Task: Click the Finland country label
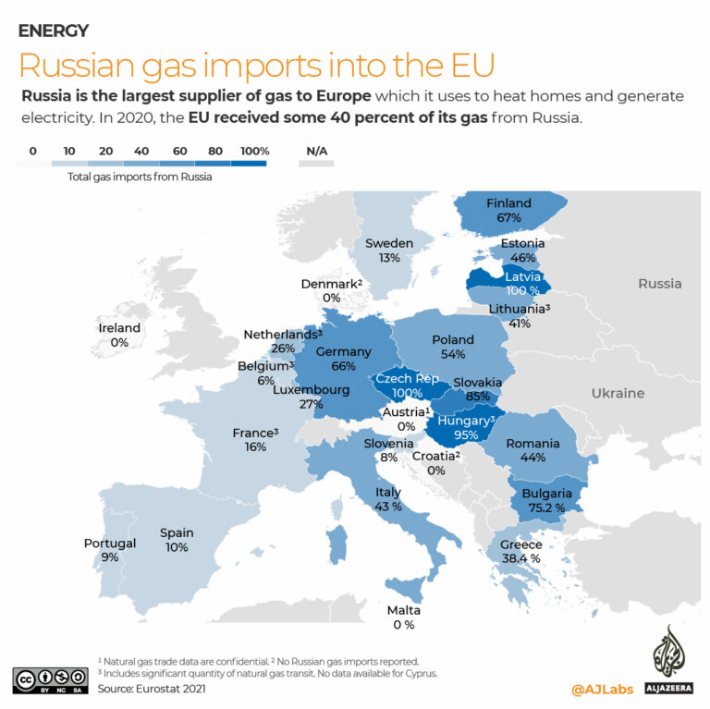coord(508,202)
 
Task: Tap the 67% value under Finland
coord(508,217)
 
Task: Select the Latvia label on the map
coord(523,275)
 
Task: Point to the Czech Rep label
coord(404,380)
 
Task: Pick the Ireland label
coord(119,327)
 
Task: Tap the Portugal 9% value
coord(109,557)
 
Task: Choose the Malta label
coord(403,610)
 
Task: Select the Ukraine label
coord(618,393)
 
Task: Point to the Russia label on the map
coord(659,283)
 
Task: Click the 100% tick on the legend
coord(253,151)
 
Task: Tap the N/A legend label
coord(315,151)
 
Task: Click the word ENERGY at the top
coord(54,31)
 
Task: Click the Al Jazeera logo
coord(667,659)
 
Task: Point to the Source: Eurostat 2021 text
coord(152,688)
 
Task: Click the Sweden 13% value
coord(388,258)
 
